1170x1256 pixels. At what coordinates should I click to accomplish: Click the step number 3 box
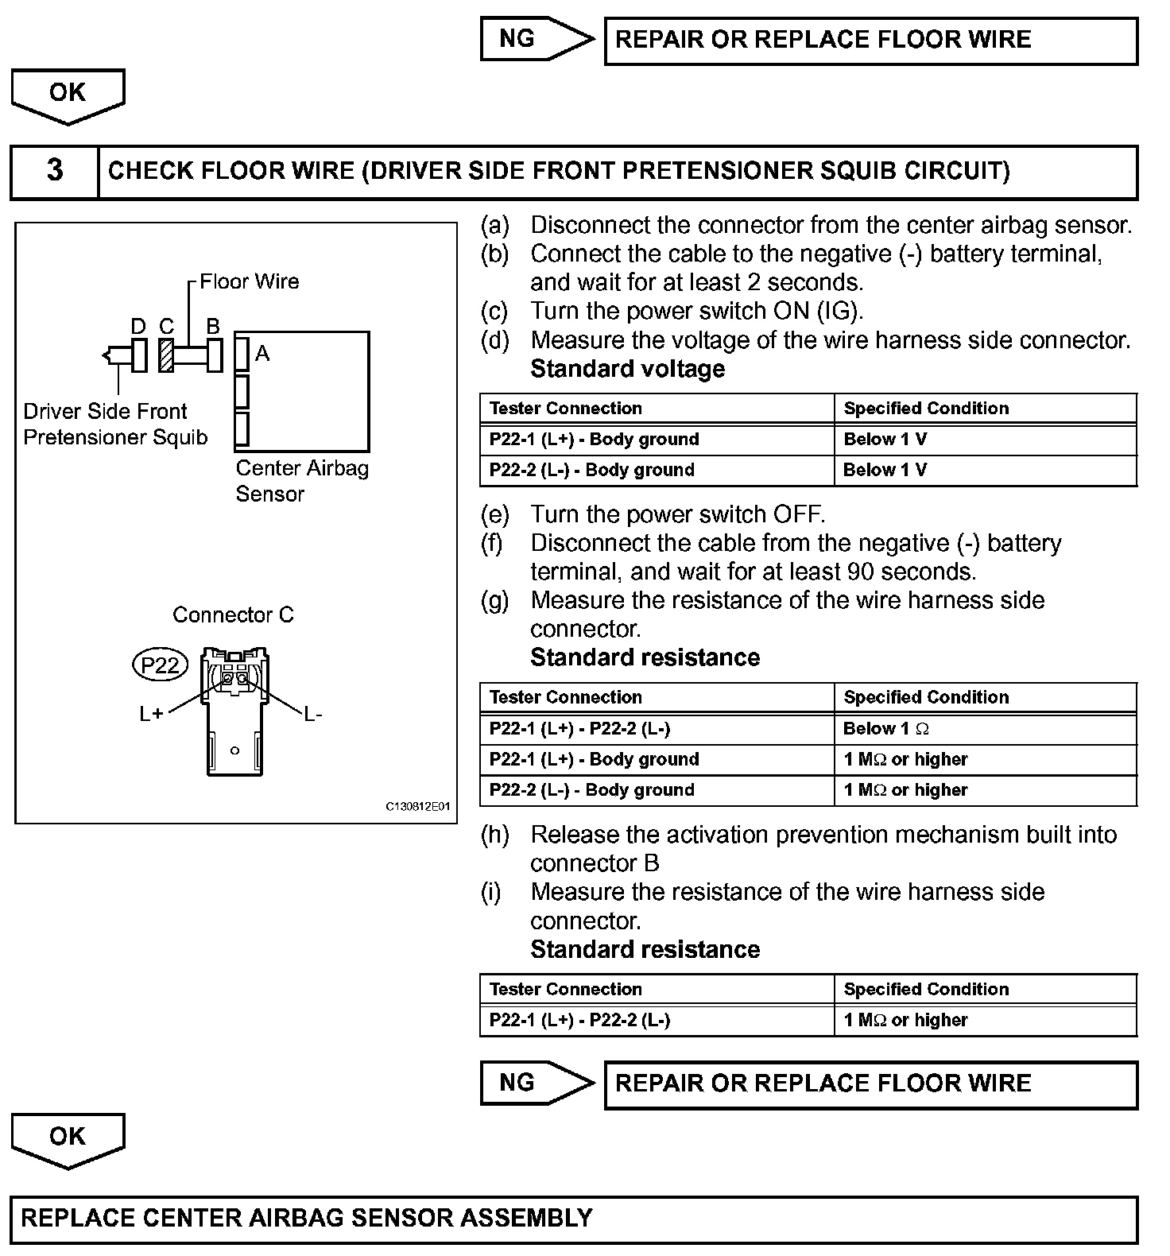pyautogui.click(x=54, y=171)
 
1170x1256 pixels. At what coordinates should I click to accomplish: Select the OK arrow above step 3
pyautogui.click(x=68, y=94)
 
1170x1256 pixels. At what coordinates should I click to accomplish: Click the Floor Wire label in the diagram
pyautogui.click(x=249, y=281)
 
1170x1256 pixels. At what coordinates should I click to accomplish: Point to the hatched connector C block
pyautogui.click(x=166, y=355)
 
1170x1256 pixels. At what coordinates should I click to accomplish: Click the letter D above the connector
pyautogui.click(x=138, y=327)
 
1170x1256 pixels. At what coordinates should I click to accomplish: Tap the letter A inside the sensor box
pyautogui.click(x=262, y=354)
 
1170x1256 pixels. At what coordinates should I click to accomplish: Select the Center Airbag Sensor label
pyautogui.click(x=302, y=480)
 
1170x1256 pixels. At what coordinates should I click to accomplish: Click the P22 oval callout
pyautogui.click(x=160, y=665)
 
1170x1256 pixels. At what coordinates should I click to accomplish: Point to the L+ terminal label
pyautogui.click(x=151, y=714)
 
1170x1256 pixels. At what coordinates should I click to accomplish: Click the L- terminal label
pyautogui.click(x=313, y=714)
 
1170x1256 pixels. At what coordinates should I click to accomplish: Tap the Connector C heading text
pyautogui.click(x=233, y=614)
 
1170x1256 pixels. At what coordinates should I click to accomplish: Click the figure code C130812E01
pyautogui.click(x=417, y=806)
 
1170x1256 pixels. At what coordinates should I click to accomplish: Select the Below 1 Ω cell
pyautogui.click(x=885, y=728)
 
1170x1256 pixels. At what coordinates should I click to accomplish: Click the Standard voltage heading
pyautogui.click(x=627, y=369)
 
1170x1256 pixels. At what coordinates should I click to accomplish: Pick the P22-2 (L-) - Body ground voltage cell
pyautogui.click(x=592, y=470)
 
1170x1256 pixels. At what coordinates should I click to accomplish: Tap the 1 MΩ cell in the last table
pyautogui.click(x=905, y=1020)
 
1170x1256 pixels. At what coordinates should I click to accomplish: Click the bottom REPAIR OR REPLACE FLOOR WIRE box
pyautogui.click(x=870, y=1083)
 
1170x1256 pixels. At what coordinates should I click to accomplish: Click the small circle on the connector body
pyautogui.click(x=234, y=750)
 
